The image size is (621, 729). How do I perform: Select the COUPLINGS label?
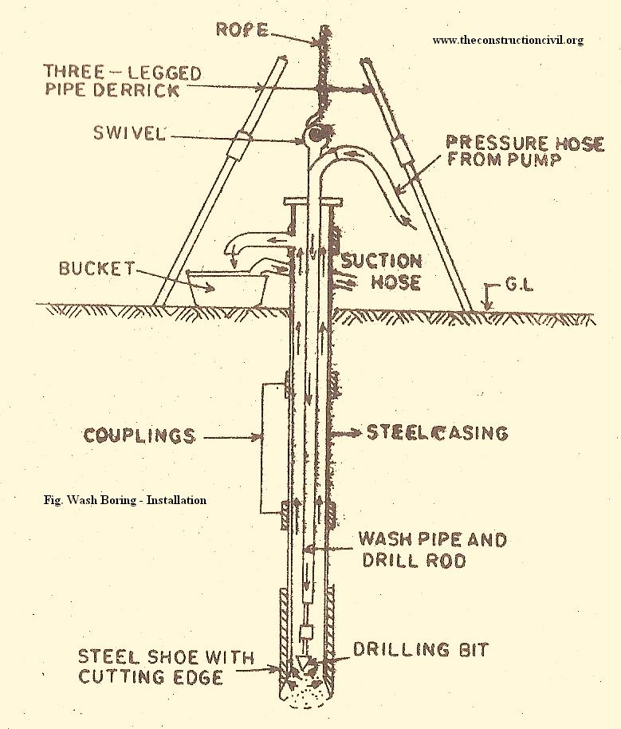point(139,435)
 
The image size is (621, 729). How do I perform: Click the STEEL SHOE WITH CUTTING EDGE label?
point(165,667)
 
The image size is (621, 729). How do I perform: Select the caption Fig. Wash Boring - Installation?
point(125,500)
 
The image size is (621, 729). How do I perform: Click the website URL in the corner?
point(508,40)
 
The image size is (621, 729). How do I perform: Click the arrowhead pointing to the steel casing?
point(340,433)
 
